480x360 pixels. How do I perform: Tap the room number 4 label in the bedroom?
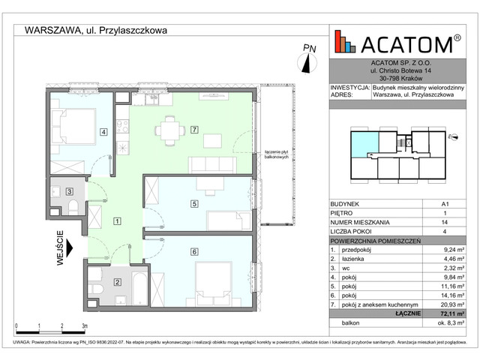(103, 133)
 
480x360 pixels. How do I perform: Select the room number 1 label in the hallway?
(117, 220)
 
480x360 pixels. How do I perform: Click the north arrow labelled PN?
(307, 58)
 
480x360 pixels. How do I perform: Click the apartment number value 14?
(447, 223)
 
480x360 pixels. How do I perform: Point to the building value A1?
(447, 204)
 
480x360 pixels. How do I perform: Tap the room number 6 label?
(194, 251)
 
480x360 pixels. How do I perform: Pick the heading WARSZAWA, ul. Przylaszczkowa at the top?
(96, 31)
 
